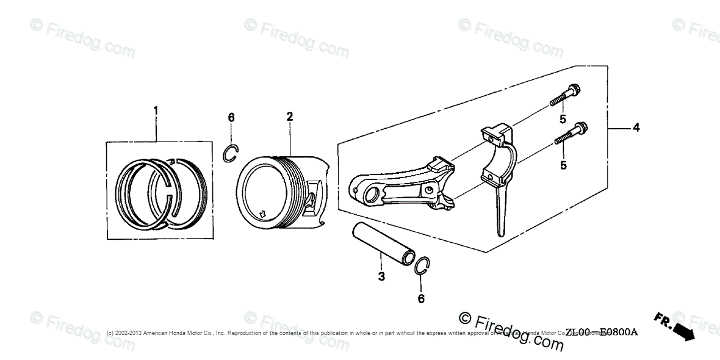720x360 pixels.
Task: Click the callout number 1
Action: coord(155,110)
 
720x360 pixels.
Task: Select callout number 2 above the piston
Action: coord(290,116)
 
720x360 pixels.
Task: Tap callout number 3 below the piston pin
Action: coord(381,277)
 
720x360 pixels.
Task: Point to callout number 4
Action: coord(636,128)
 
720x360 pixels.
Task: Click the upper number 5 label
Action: coord(563,120)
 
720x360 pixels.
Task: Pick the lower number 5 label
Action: coord(563,165)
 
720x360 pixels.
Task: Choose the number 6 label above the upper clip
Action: coord(231,117)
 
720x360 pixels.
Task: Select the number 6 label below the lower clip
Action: coord(420,298)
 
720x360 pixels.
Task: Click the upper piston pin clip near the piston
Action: coord(229,155)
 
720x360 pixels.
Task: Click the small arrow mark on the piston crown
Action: coord(262,214)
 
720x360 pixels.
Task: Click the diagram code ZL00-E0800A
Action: coord(601,333)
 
